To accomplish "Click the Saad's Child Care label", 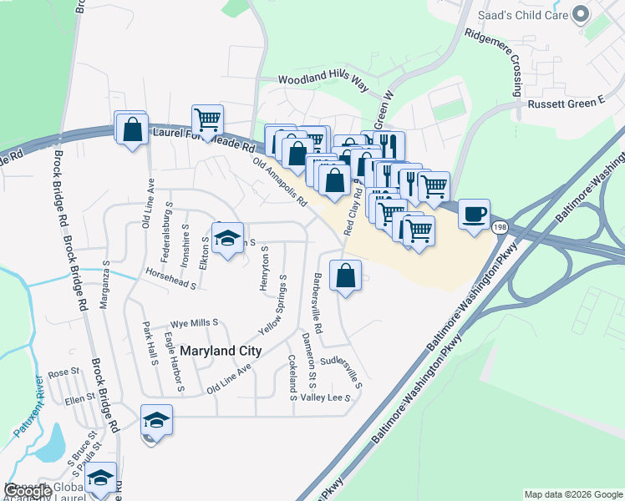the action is click(522, 15).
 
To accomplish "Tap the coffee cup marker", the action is click(474, 214).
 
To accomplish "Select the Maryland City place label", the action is click(215, 352).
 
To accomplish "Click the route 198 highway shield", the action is click(500, 226).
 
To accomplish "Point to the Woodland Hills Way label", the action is click(323, 79).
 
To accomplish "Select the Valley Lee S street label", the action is click(325, 398).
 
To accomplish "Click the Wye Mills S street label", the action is click(194, 322).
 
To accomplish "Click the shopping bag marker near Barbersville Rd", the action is click(345, 276).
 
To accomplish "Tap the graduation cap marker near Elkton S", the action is click(227, 239).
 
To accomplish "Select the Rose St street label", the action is click(63, 373).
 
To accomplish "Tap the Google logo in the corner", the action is click(28, 490).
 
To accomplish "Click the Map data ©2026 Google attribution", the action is click(572, 494).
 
